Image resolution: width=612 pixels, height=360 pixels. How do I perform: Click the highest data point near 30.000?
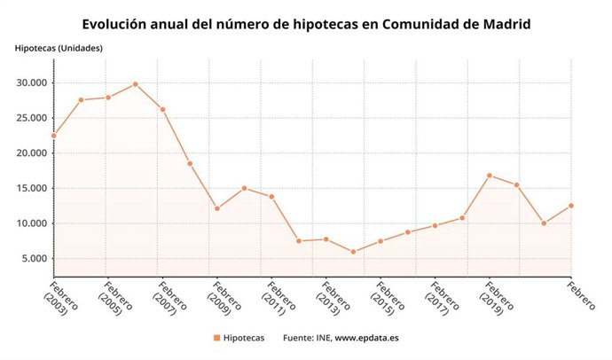pyautogui.click(x=135, y=84)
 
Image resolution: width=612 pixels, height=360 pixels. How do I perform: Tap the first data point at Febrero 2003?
pyautogui.click(x=53, y=136)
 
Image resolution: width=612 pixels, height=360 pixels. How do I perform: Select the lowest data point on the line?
pyautogui.click(x=353, y=252)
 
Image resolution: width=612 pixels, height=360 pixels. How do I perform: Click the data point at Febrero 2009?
pyautogui.click(x=216, y=208)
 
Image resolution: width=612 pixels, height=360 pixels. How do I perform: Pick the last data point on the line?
pyautogui.click(x=570, y=206)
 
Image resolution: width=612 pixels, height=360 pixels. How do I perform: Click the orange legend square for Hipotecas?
pyautogui.click(x=216, y=338)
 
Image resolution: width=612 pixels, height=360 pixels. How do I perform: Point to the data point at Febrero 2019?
pyautogui.click(x=489, y=176)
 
